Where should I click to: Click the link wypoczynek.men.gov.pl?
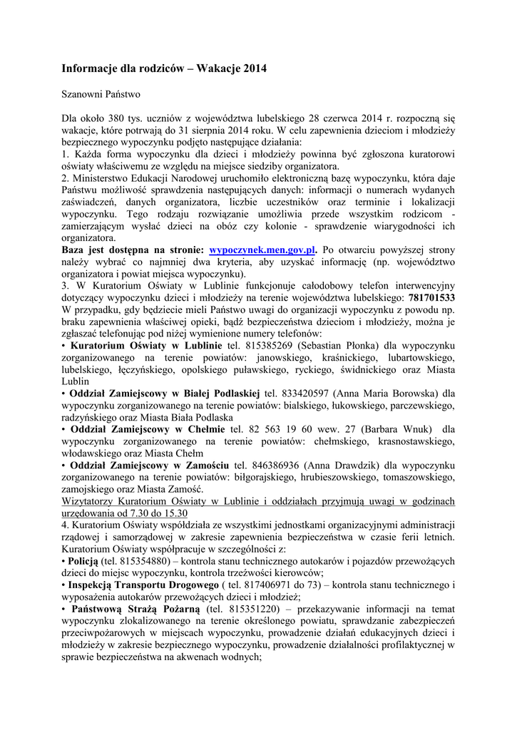click(x=262, y=250)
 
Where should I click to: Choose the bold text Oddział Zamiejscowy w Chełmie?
click(x=146, y=430)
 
